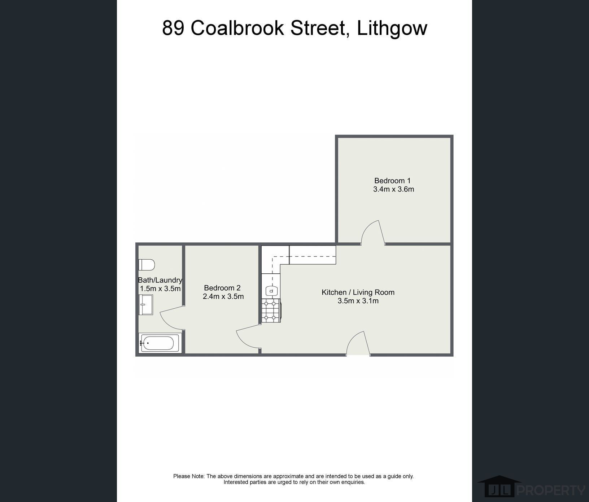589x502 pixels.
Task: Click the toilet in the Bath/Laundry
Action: click(x=147, y=265)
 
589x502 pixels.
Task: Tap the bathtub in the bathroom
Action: click(x=160, y=343)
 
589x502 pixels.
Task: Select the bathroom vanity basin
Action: click(x=146, y=305)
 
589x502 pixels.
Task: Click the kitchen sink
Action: click(x=271, y=290)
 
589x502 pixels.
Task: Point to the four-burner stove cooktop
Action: click(x=271, y=311)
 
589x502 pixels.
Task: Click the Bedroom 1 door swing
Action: click(x=373, y=233)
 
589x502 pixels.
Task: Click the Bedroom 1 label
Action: click(x=392, y=181)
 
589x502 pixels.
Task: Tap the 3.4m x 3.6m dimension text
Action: click(x=393, y=189)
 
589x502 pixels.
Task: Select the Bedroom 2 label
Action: click(x=222, y=288)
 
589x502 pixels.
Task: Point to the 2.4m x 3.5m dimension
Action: click(x=223, y=296)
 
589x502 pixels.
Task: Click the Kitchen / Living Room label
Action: click(x=358, y=292)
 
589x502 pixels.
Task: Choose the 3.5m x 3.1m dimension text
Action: click(x=358, y=301)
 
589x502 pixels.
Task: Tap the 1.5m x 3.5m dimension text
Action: click(x=160, y=289)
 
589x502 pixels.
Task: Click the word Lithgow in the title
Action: click(x=392, y=28)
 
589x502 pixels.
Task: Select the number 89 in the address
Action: click(x=173, y=28)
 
